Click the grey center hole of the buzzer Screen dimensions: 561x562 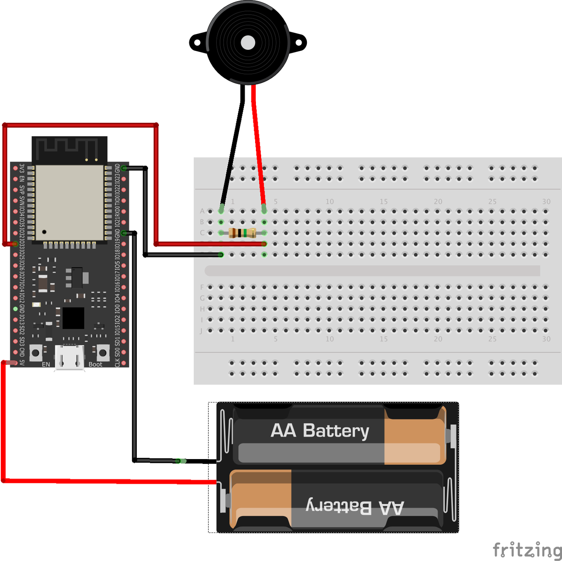[x=248, y=43]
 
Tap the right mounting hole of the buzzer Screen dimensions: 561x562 [x=299, y=43]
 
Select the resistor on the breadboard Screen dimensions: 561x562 [x=242, y=233]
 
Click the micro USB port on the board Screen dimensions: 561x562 [x=69, y=358]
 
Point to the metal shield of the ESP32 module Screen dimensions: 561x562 [x=69, y=202]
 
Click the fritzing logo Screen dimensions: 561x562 [x=527, y=550]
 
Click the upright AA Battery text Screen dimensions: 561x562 [x=320, y=431]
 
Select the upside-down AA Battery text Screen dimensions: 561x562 [x=354, y=507]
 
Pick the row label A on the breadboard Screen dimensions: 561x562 [x=202, y=211]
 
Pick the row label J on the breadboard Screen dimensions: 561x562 [x=201, y=331]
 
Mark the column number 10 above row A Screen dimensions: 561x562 [x=329, y=202]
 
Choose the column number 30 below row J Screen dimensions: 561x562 [x=546, y=339]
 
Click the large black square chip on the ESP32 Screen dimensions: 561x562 [x=73, y=318]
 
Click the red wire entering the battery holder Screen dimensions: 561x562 [x=112, y=481]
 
